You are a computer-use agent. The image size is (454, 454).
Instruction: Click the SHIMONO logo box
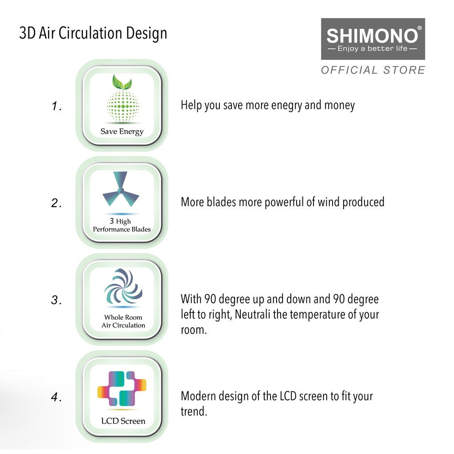click(373, 39)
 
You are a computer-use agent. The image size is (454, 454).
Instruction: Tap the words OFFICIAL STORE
click(373, 70)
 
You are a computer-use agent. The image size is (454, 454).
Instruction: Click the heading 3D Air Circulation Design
click(93, 33)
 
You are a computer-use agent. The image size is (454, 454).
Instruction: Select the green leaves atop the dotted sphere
click(122, 82)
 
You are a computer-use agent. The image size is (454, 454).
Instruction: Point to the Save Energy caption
click(122, 131)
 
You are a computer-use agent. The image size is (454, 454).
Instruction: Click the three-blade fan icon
click(121, 191)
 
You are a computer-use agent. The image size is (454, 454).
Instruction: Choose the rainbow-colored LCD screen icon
click(122, 388)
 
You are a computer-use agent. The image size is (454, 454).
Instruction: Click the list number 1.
click(56, 106)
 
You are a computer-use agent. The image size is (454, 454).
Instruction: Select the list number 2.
click(56, 204)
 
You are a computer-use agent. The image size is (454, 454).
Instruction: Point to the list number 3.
click(56, 301)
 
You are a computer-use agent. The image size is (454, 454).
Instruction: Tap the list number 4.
click(56, 398)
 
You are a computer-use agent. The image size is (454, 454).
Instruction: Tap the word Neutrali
click(252, 315)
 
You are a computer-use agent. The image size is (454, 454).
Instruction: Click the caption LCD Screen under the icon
click(123, 421)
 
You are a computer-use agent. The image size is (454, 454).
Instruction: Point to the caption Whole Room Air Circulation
click(123, 321)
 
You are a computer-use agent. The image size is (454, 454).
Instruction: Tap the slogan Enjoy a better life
click(372, 48)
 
